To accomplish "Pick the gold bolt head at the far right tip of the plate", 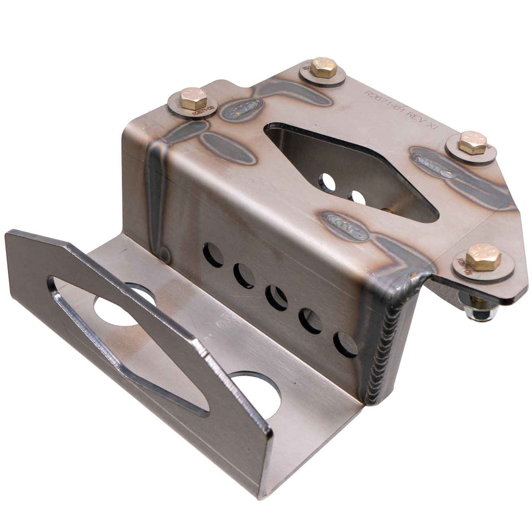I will click(473, 142).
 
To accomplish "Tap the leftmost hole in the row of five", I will click(213, 255).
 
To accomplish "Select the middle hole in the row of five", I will click(277, 297).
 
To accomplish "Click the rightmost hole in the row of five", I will click(345, 344).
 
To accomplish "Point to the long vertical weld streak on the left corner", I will click(156, 197).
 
